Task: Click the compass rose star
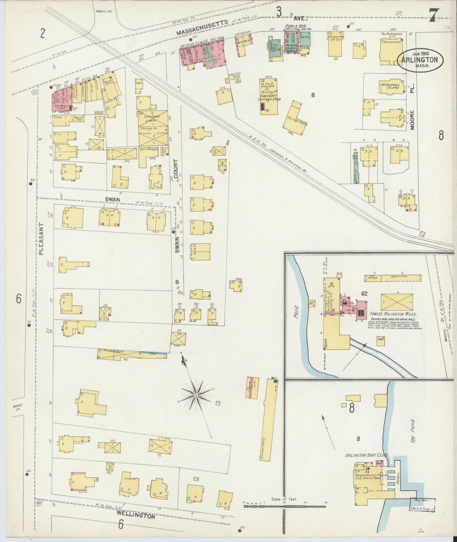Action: pyautogui.click(x=196, y=395)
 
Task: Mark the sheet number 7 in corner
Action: pyautogui.click(x=433, y=15)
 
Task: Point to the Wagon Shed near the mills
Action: pyautogui.click(x=401, y=278)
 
